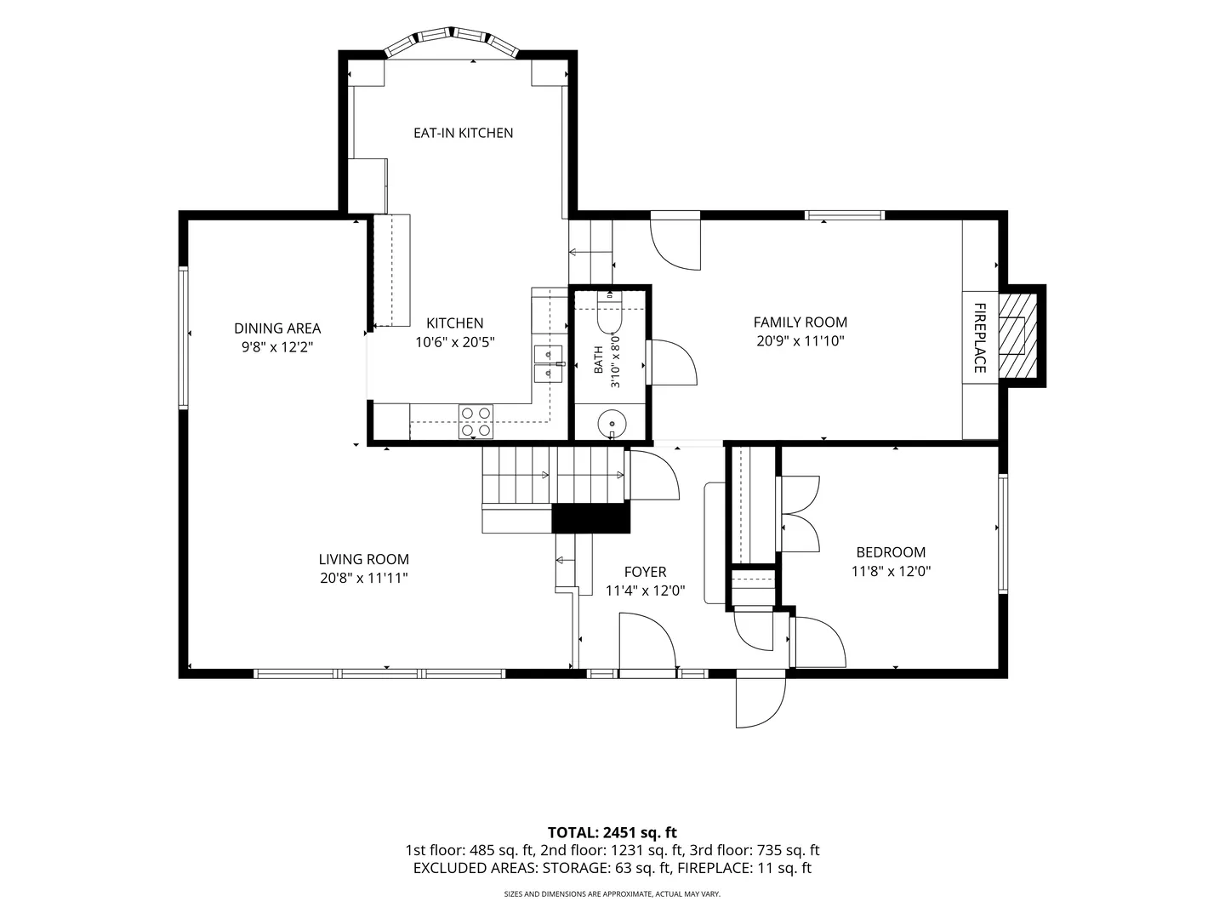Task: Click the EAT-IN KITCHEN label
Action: click(464, 133)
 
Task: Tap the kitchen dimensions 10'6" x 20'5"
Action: click(455, 341)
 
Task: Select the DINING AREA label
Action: click(277, 328)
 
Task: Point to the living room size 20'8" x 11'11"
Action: click(364, 578)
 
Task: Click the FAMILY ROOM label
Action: click(801, 322)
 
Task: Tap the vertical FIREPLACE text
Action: click(980, 338)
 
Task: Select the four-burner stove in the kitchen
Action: click(476, 421)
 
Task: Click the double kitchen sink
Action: click(548, 364)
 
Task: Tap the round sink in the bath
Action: click(612, 424)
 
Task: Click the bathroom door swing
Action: click(672, 362)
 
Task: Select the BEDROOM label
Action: click(891, 552)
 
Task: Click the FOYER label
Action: click(645, 571)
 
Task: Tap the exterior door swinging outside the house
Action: click(761, 703)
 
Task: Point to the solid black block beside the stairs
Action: click(591, 518)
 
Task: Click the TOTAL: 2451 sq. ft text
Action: click(612, 832)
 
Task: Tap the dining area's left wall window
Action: click(183, 338)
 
